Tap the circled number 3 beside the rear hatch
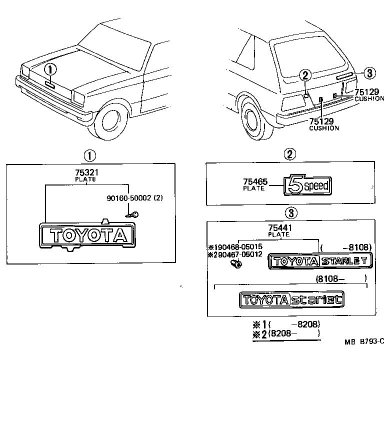pos(368,73)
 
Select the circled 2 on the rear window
pos(305,75)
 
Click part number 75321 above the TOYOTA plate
pos(85,172)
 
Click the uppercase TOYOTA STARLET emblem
pos(319,261)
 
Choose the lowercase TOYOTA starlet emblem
pos(291,300)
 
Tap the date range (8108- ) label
pos(340,278)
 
